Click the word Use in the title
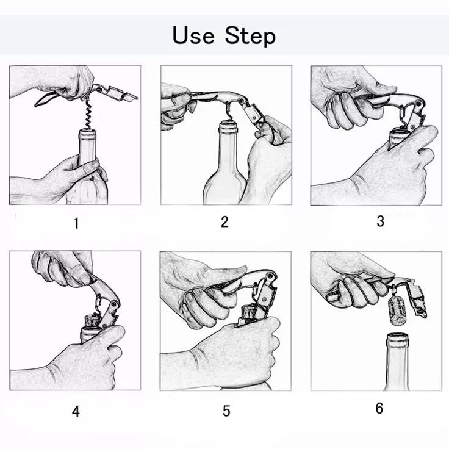[193, 35]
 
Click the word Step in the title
[250, 36]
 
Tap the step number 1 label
[76, 223]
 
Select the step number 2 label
[224, 222]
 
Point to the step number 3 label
[380, 221]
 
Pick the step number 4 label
[76, 412]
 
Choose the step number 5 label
[226, 411]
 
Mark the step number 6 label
[379, 408]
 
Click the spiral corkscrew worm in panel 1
[88, 115]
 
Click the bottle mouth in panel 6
[398, 337]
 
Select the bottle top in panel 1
[87, 134]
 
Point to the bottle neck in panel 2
[228, 152]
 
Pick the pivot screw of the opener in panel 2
[242, 101]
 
